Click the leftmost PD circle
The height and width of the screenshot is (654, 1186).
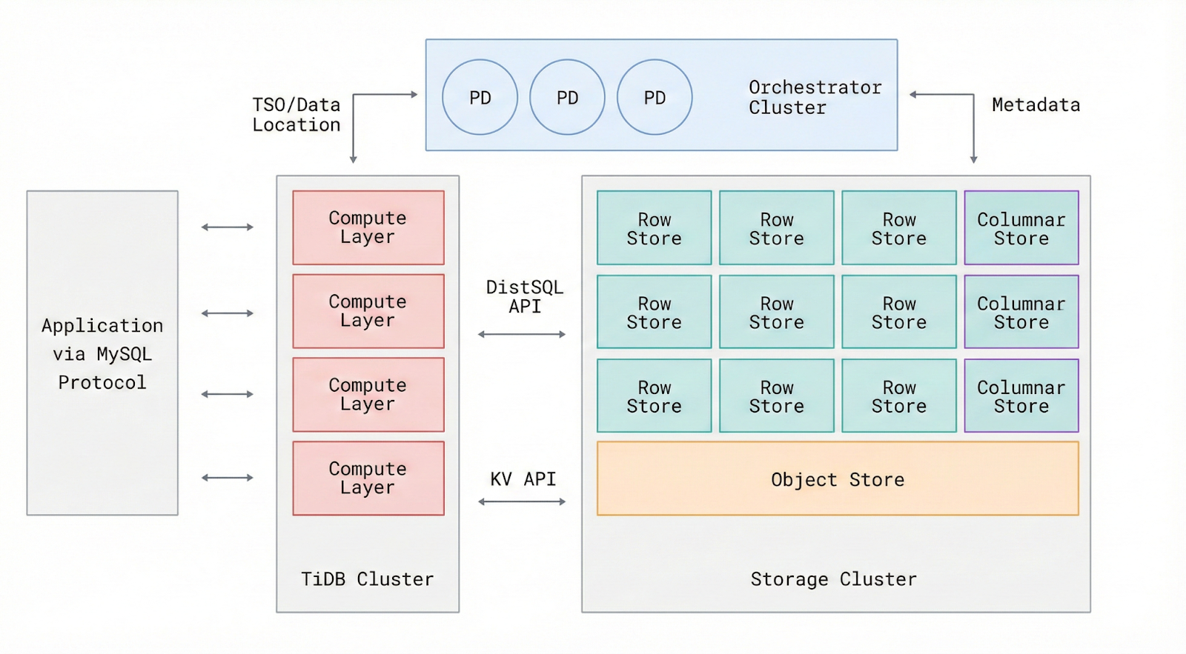(480, 97)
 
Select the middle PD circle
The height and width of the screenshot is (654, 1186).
(567, 97)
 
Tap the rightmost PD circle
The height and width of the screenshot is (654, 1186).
(655, 97)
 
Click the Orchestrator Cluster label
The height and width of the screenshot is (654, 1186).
(814, 97)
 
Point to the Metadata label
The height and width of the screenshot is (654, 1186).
(1036, 105)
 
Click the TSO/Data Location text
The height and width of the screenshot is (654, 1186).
(296, 115)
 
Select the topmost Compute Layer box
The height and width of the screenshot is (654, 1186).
(368, 227)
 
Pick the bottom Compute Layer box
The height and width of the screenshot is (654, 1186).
(368, 478)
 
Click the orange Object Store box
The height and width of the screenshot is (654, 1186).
(838, 478)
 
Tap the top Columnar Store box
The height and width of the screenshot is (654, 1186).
(1021, 228)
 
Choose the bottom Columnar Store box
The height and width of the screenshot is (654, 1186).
(1021, 396)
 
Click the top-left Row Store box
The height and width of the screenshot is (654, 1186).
(654, 228)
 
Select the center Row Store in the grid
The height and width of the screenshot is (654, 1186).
(776, 312)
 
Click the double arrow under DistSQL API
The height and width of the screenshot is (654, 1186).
(522, 334)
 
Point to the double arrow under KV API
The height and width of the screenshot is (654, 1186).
(522, 501)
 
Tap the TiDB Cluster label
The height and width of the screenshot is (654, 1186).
(367, 578)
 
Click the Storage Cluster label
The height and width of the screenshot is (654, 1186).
(833, 578)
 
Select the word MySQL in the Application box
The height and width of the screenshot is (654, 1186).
(124, 354)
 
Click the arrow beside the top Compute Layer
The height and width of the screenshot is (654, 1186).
(228, 227)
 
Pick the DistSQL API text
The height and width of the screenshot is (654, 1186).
(524, 296)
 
